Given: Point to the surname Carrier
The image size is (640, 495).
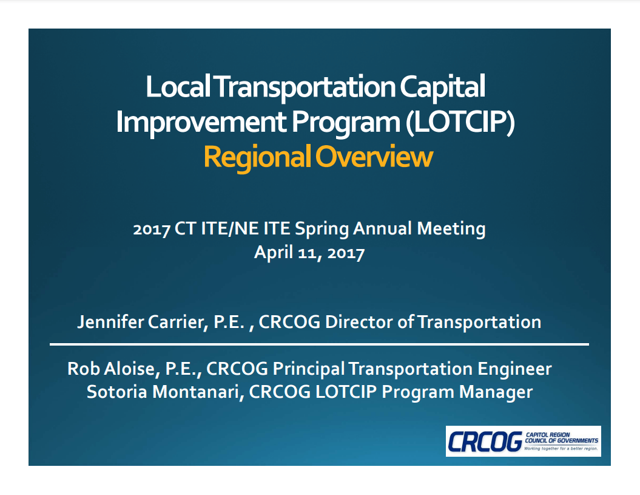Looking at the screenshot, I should [x=176, y=321].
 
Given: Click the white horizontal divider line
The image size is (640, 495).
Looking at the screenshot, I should [x=319, y=344].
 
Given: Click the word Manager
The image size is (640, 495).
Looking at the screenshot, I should [x=496, y=392].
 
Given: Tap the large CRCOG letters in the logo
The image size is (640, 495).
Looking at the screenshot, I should [x=483, y=442].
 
